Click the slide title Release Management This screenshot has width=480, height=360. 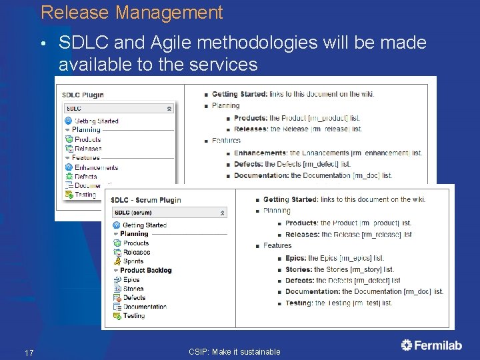pos(131,13)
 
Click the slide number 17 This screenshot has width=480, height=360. pos(29,352)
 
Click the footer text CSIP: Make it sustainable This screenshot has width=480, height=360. pos(234,351)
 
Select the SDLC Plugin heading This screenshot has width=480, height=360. pos(84,95)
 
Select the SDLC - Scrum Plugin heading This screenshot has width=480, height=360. pos(145,199)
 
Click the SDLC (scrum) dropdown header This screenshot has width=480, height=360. pos(169,212)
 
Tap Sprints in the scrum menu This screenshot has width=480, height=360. pos(133,261)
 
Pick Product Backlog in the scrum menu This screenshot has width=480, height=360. pos(145,270)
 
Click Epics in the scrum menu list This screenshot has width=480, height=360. pos(131,279)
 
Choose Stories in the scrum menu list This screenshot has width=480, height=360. pos(133,289)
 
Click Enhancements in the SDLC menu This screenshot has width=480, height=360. pos(96,167)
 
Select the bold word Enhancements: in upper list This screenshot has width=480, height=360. pos(261,153)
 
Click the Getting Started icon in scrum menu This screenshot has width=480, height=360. pos(117,225)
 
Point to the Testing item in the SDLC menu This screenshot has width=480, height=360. pos(85,195)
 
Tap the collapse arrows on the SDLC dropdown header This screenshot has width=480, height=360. pos(169,108)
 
